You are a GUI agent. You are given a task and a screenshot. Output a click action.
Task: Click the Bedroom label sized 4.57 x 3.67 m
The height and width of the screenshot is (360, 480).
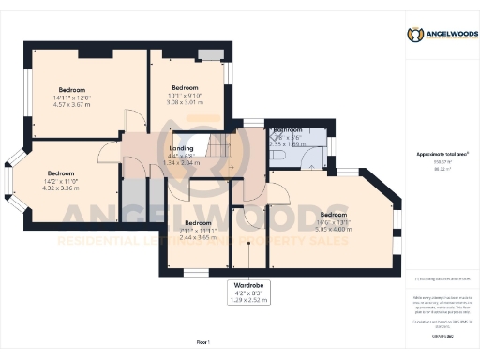tap(72, 90)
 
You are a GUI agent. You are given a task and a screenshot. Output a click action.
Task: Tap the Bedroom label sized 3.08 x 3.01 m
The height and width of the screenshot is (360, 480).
tap(185, 87)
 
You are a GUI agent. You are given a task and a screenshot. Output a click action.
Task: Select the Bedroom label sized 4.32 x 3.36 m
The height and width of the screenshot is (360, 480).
tap(61, 173)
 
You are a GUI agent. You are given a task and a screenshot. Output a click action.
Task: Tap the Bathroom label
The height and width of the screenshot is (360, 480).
tap(287, 129)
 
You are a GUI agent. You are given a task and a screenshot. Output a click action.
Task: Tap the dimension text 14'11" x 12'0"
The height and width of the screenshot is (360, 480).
tap(72, 97)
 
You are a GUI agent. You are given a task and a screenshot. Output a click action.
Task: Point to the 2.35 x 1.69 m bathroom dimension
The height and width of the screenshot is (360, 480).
tap(287, 144)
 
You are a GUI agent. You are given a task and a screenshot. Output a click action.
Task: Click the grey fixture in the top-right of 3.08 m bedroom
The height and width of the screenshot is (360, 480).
tap(211, 52)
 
